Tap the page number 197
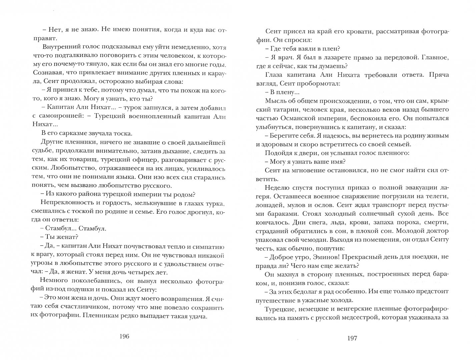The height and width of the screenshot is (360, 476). click(352, 338)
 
